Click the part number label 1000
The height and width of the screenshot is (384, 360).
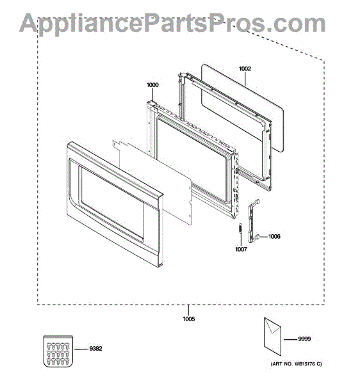click(x=152, y=85)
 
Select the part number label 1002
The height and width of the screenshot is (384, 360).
click(x=245, y=68)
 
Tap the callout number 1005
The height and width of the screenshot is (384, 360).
click(x=189, y=319)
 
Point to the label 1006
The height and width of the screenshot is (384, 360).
click(x=274, y=237)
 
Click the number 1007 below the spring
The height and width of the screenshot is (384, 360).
click(x=241, y=250)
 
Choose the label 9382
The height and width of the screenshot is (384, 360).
click(x=95, y=349)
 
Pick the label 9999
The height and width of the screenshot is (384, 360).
click(x=304, y=339)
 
